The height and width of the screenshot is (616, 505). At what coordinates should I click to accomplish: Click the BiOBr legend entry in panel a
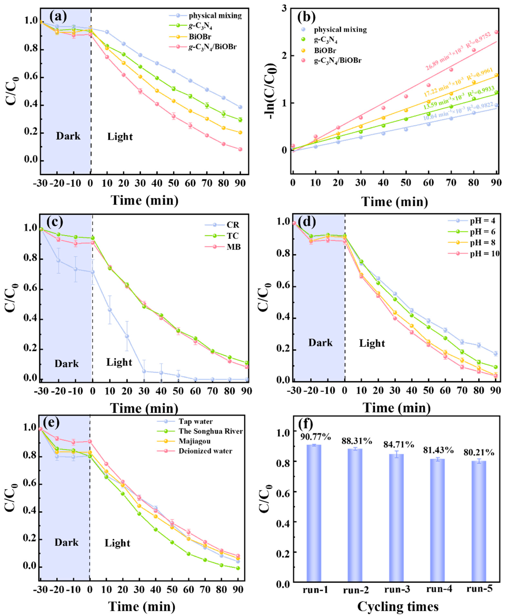[200, 37]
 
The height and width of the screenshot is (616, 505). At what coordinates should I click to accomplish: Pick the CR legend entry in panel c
[233, 225]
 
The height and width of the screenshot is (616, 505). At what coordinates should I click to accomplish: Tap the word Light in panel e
[117, 543]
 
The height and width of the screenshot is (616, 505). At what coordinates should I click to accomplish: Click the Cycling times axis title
[398, 607]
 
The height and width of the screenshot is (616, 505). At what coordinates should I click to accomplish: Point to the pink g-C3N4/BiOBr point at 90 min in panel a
[240, 149]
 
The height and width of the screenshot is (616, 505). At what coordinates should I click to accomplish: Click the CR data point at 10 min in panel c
[110, 310]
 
